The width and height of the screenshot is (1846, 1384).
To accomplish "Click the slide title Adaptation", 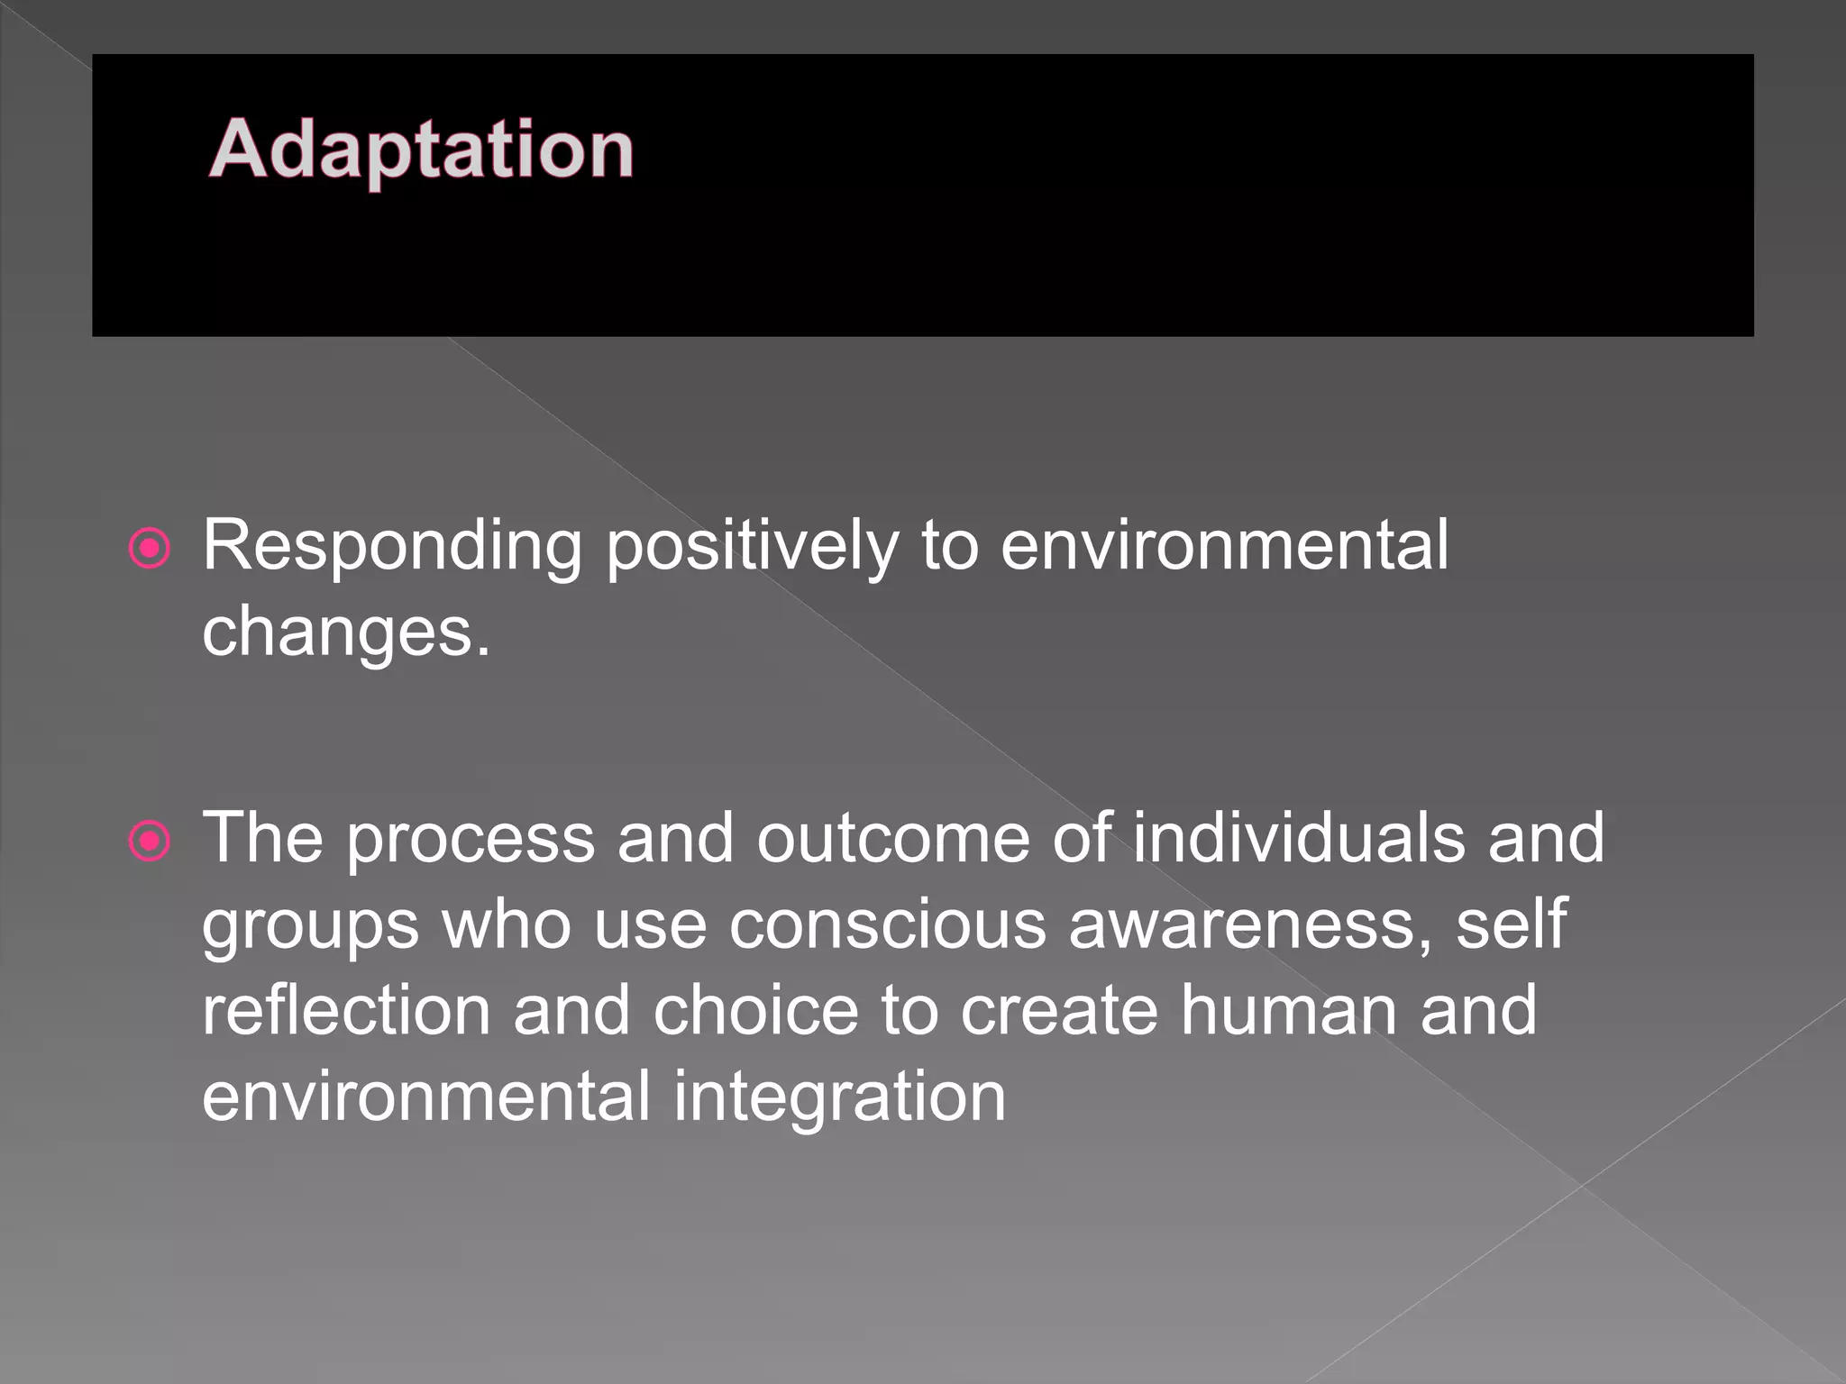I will coord(421,150).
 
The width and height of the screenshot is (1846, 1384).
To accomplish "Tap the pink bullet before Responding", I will coord(150,548).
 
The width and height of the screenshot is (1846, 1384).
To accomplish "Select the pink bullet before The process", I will coord(150,842).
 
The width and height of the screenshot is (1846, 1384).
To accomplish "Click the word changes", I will coord(346,633).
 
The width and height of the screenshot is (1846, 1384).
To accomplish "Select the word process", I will coord(470,838).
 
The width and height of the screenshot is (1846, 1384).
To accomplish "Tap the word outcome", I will coord(892,838).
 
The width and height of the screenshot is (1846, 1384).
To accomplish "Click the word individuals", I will coord(1299,838).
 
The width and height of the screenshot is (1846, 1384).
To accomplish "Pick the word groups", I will coord(310,926).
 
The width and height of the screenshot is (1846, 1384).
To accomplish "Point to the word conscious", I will coord(887,924).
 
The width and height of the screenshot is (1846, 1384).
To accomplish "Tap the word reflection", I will coord(346,1011).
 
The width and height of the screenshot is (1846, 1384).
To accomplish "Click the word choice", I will coord(755,1011).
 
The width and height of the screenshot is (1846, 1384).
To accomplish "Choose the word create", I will coord(1058,1011).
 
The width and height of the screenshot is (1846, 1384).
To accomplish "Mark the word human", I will coord(1289,1011).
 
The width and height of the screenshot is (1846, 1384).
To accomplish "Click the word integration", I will coord(839,1097).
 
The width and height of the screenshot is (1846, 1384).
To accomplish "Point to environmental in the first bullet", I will coord(1224,546).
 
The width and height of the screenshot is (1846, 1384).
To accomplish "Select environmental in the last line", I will coord(425,1097).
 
